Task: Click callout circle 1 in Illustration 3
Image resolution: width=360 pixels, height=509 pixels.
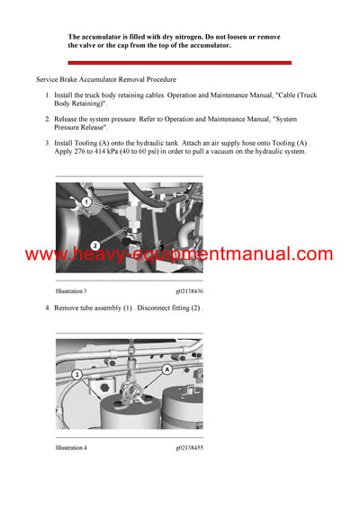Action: pyautogui.click(x=86, y=202)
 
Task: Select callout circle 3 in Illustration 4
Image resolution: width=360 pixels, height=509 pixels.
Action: pyautogui.click(x=77, y=373)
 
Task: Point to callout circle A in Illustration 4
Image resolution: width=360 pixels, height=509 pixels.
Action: pyautogui.click(x=166, y=369)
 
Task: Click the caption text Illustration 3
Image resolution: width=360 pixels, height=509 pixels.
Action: pyautogui.click(x=71, y=291)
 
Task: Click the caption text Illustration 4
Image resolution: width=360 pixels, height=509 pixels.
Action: pyautogui.click(x=71, y=447)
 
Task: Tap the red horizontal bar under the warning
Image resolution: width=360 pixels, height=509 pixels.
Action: pyautogui.click(x=180, y=62)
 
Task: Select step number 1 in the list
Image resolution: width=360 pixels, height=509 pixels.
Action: pyautogui.click(x=48, y=94)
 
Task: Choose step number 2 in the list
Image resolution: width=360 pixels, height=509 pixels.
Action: pyautogui.click(x=48, y=118)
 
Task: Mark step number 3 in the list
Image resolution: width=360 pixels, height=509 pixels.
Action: pyautogui.click(x=48, y=142)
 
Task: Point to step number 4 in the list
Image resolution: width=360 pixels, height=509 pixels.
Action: pyautogui.click(x=48, y=308)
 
